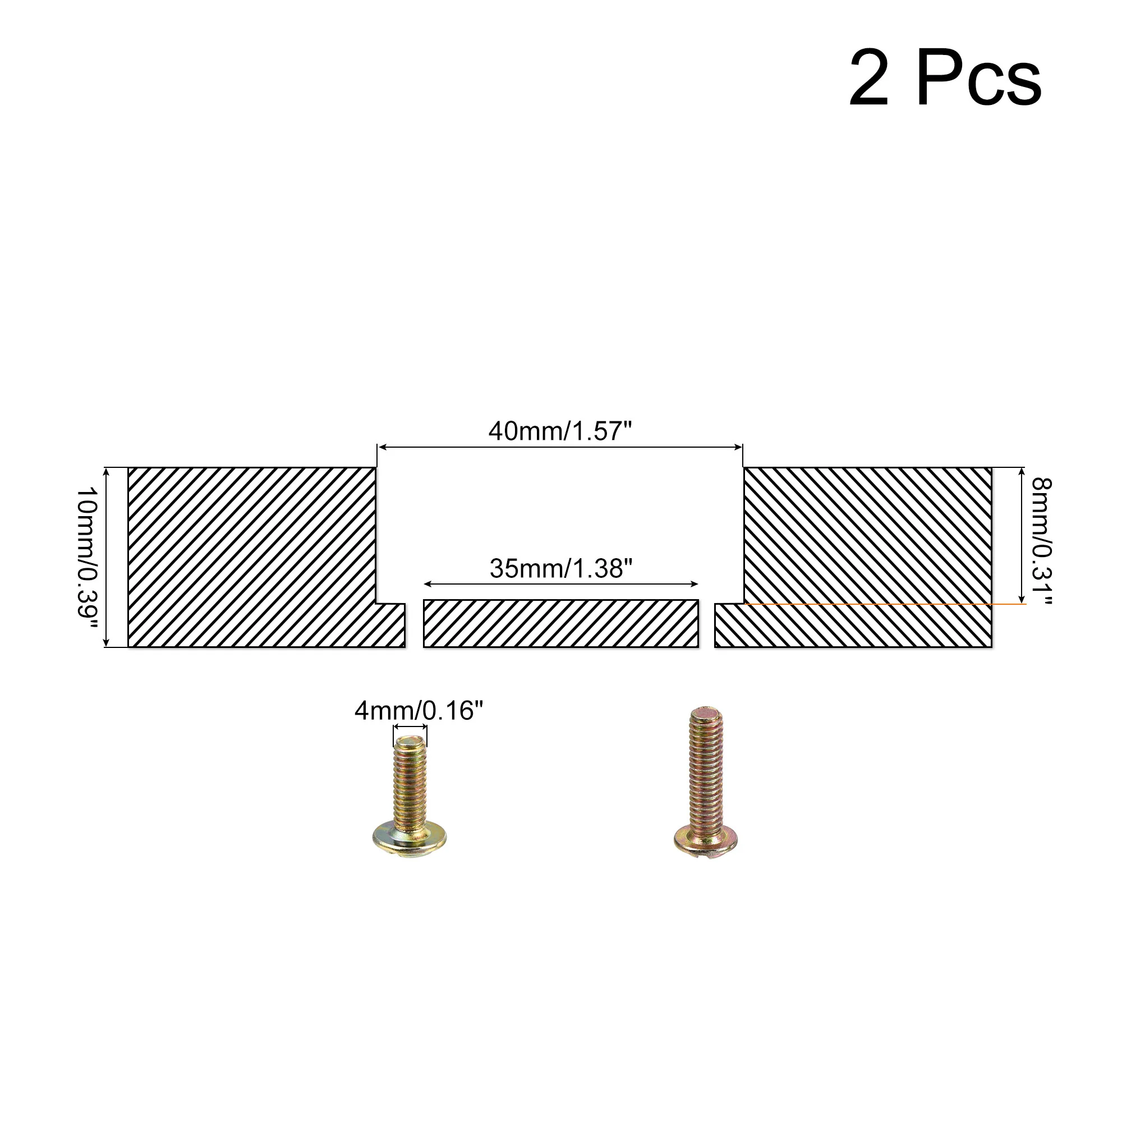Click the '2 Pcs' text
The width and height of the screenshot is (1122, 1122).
(x=945, y=79)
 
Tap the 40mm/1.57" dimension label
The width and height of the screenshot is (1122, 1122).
(x=560, y=431)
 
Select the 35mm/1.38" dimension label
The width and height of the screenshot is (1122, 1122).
(x=560, y=568)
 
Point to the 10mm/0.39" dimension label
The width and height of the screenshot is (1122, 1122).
(x=87, y=553)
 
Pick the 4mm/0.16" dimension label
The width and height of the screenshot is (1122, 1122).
(x=419, y=711)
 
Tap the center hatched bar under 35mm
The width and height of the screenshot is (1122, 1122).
(x=561, y=624)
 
